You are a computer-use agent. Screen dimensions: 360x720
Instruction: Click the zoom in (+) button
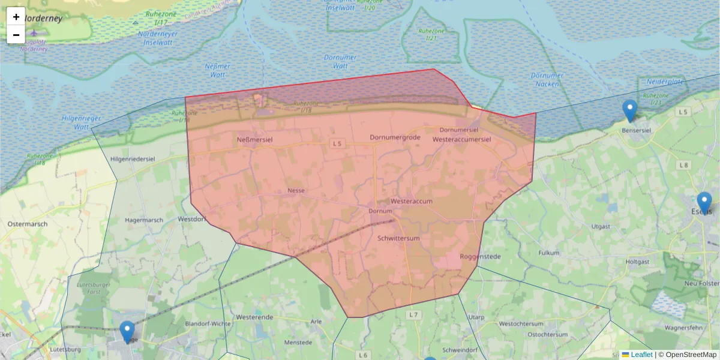pyautogui.click(x=16, y=17)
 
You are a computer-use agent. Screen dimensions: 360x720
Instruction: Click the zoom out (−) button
pyautogui.click(x=16, y=35)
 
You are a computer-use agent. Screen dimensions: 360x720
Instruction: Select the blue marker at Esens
pyautogui.click(x=704, y=203)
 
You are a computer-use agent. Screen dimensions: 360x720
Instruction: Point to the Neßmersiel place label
pyautogui.click(x=256, y=139)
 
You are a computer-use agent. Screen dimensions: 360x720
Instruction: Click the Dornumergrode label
pyautogui.click(x=395, y=137)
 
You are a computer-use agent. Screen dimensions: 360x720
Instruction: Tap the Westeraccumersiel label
pyautogui.click(x=462, y=139)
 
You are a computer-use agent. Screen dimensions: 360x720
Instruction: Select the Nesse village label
pyautogui.click(x=296, y=190)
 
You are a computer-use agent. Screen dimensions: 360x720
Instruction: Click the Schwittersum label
pyautogui.click(x=398, y=238)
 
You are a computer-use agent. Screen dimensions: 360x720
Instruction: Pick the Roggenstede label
pyautogui.click(x=480, y=257)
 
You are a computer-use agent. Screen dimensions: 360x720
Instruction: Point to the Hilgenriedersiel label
pyautogui.click(x=134, y=158)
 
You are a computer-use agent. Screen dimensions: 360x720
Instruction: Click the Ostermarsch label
pyautogui.click(x=28, y=224)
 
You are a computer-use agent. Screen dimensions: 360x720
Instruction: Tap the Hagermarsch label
pyautogui.click(x=144, y=220)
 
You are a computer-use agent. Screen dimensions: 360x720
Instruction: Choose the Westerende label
pyautogui.click(x=255, y=316)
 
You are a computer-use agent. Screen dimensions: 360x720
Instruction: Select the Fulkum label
pyautogui.click(x=548, y=253)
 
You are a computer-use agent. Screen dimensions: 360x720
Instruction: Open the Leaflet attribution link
pyautogui.click(x=641, y=355)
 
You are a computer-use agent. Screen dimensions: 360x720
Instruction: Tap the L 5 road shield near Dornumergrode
pyautogui.click(x=337, y=144)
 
